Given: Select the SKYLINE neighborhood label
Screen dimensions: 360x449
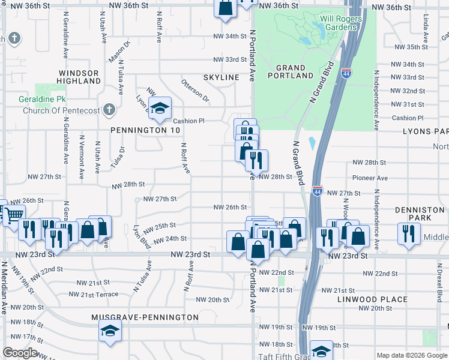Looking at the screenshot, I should click(x=221, y=78).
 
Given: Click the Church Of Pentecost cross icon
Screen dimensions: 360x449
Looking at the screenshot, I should click(x=108, y=109).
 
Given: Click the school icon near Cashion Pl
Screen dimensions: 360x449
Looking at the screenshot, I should click(x=160, y=108).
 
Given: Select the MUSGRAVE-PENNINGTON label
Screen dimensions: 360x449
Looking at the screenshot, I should click(x=145, y=317).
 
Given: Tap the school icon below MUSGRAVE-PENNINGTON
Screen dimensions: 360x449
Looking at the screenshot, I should click(x=110, y=331).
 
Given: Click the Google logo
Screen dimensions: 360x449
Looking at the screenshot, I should click(x=20, y=353).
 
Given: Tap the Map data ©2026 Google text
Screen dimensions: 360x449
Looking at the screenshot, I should click(x=411, y=355).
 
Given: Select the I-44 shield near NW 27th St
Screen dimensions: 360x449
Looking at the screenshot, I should click(x=317, y=191).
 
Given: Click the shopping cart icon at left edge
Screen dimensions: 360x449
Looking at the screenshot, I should click(x=16, y=214).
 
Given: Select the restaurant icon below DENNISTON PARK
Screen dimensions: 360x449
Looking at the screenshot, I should click(x=409, y=233).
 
